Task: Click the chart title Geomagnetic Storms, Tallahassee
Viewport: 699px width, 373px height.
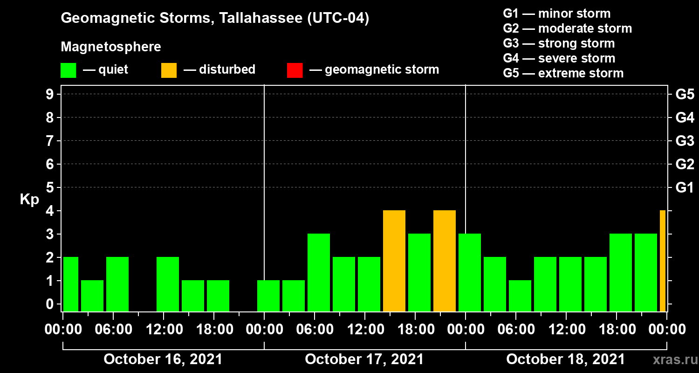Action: click(x=215, y=19)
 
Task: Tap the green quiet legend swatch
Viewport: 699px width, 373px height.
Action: click(x=68, y=70)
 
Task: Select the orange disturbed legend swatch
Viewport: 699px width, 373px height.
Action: click(x=169, y=70)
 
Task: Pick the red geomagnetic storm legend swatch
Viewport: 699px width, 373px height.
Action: click(x=295, y=70)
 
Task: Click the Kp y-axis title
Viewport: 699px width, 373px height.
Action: click(x=29, y=200)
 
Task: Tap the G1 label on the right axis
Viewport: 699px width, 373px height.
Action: click(x=685, y=187)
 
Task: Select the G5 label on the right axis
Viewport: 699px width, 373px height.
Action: click(x=685, y=94)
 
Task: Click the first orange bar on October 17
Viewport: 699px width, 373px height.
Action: click(x=394, y=261)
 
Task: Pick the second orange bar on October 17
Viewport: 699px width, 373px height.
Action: click(x=445, y=261)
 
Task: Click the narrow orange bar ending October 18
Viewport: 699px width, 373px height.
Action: click(x=663, y=261)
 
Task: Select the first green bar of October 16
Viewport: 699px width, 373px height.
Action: click(x=70, y=284)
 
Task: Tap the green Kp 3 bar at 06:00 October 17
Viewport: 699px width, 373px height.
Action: click(x=319, y=272)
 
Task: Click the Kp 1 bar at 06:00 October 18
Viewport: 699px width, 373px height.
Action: click(x=520, y=296)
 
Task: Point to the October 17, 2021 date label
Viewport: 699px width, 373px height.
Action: click(x=364, y=359)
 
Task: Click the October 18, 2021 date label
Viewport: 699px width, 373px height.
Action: click(x=565, y=359)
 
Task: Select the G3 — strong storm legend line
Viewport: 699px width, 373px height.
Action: click(x=559, y=43)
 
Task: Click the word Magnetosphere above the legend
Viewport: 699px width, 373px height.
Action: click(x=111, y=47)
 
